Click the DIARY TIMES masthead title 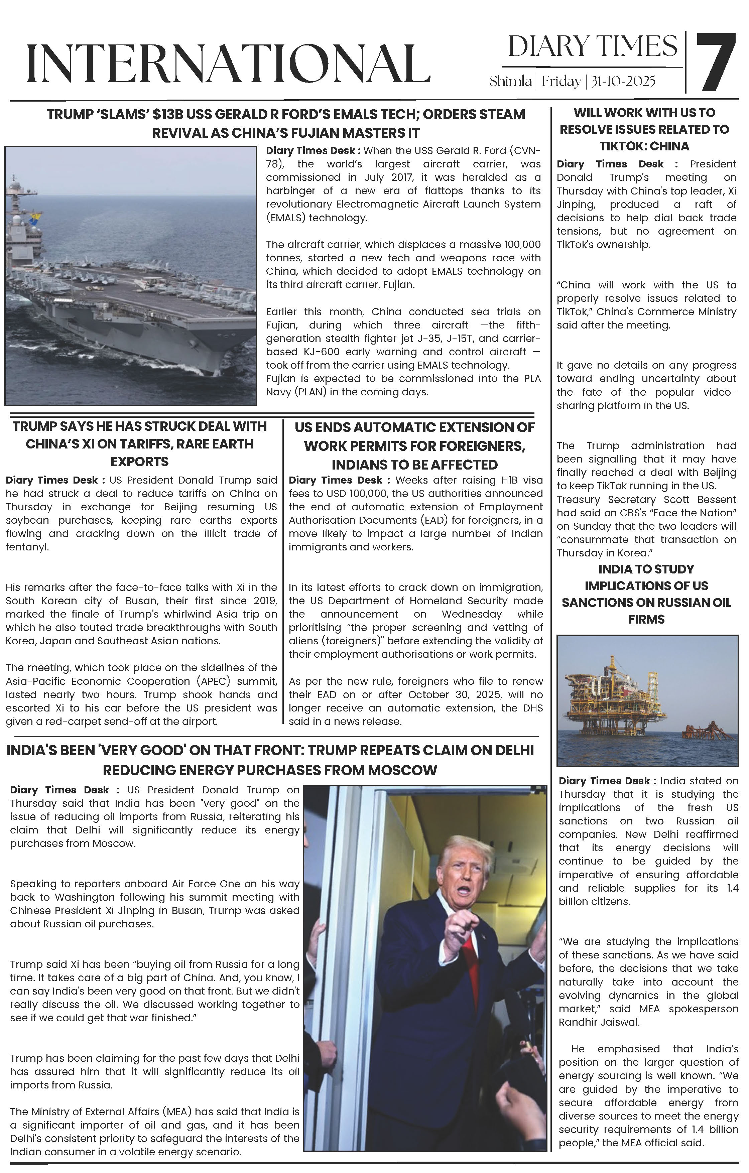[593, 47]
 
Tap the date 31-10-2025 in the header [623, 81]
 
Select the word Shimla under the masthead [510, 81]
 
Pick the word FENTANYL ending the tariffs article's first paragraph [27, 547]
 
